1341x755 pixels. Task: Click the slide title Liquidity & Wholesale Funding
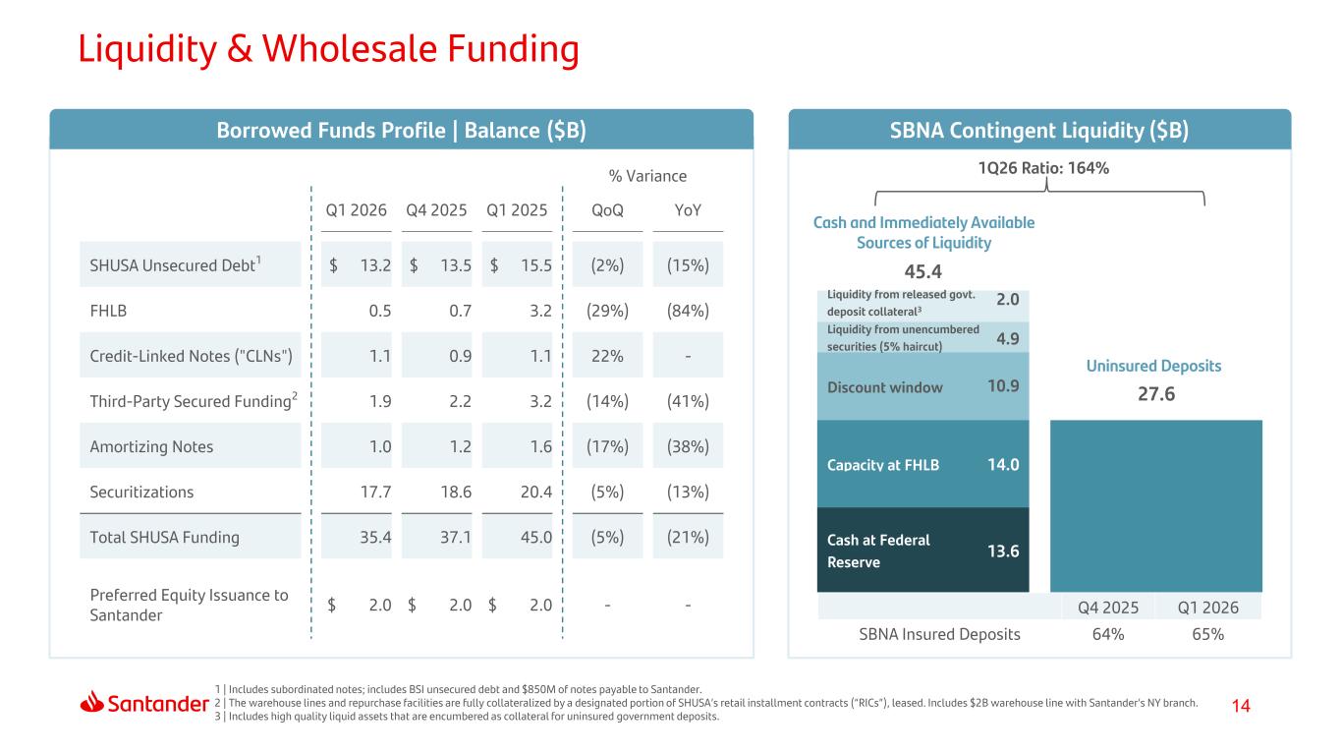[x=329, y=48]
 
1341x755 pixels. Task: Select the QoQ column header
[x=607, y=210]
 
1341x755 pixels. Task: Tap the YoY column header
[x=688, y=210]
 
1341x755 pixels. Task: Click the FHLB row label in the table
[x=108, y=311]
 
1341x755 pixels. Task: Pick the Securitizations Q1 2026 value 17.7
[x=375, y=492]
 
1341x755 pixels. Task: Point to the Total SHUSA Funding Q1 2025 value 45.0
[x=535, y=537]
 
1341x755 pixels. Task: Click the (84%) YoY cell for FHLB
[x=688, y=311]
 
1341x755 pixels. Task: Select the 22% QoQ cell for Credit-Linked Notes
[x=607, y=356]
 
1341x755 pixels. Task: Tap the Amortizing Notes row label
[x=151, y=446]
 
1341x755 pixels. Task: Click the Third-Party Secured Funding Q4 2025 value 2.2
[x=460, y=401]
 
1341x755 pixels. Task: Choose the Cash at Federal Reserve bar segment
[x=922, y=550]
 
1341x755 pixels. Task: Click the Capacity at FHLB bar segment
[x=922, y=464]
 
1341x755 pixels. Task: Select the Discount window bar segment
[x=922, y=386]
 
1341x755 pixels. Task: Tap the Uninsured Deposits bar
[x=1156, y=505]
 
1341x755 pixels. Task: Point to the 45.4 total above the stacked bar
[x=922, y=271]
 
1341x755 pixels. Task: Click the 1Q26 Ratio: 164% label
[x=1043, y=168]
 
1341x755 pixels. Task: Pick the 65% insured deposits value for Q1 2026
[x=1207, y=634]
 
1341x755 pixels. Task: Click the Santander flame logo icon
[x=91, y=702]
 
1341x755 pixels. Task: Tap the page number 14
[x=1241, y=706]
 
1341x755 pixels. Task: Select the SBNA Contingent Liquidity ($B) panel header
[x=1039, y=130]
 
